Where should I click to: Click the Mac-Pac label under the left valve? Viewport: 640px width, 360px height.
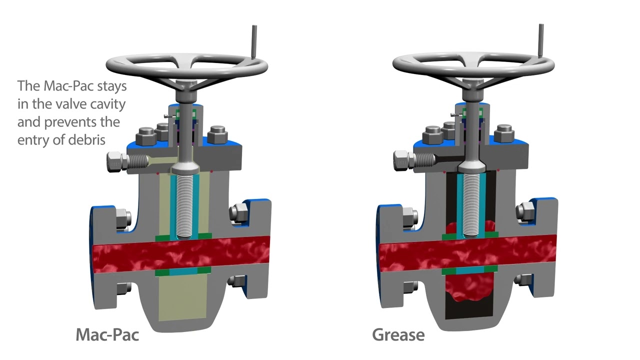click(107, 335)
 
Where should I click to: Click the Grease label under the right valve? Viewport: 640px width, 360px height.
click(398, 335)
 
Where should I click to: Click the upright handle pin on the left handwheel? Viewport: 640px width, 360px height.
click(253, 42)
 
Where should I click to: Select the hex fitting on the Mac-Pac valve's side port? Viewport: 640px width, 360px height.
click(117, 162)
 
